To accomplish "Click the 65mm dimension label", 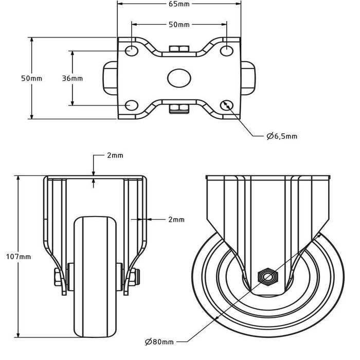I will (179, 4).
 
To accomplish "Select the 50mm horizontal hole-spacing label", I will (179, 24).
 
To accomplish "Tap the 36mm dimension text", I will (72, 78).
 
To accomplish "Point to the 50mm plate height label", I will (31, 78).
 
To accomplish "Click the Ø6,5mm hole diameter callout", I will (281, 136).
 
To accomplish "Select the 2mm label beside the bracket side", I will (176, 220).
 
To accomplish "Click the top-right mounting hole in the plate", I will (227, 51).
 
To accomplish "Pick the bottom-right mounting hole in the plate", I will (227, 105).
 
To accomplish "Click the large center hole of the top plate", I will (178, 78).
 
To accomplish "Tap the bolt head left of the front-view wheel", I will (56, 278).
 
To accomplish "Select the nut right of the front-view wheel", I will (134, 278).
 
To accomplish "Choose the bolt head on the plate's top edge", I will (178, 49).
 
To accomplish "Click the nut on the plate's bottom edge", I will (178, 107).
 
